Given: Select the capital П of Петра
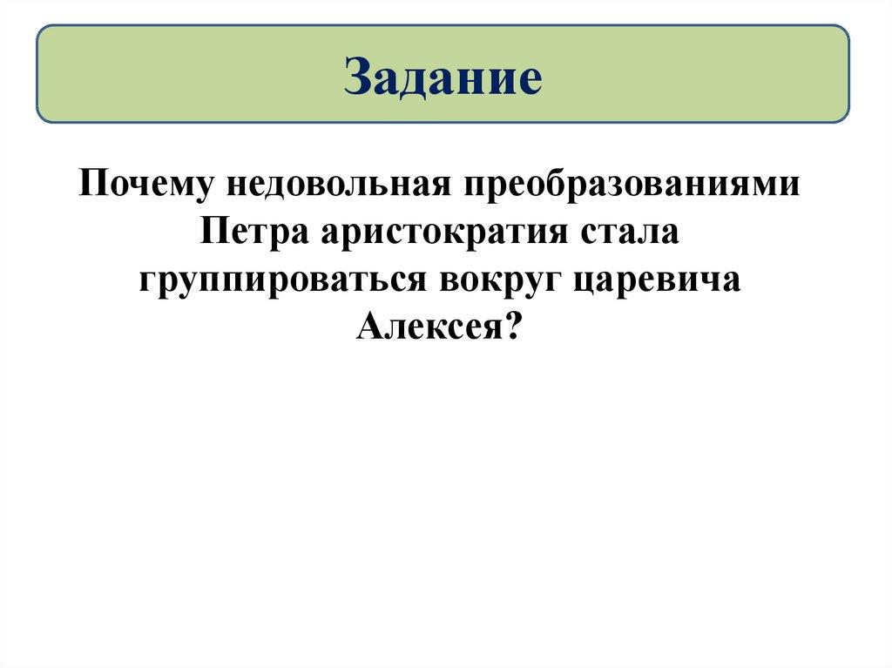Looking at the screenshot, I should click(x=213, y=234).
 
